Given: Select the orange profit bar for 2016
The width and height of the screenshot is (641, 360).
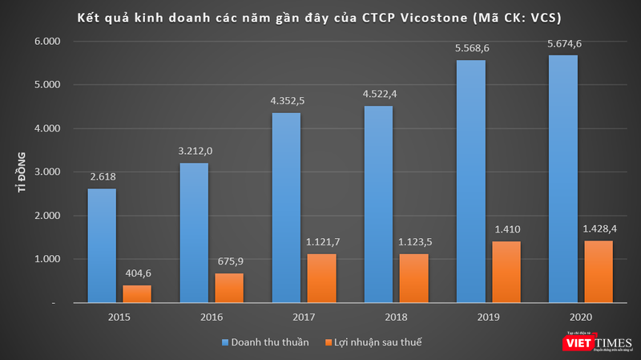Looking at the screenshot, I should coord(230,288).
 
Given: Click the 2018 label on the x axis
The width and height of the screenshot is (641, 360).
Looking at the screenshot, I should coord(396,316).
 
